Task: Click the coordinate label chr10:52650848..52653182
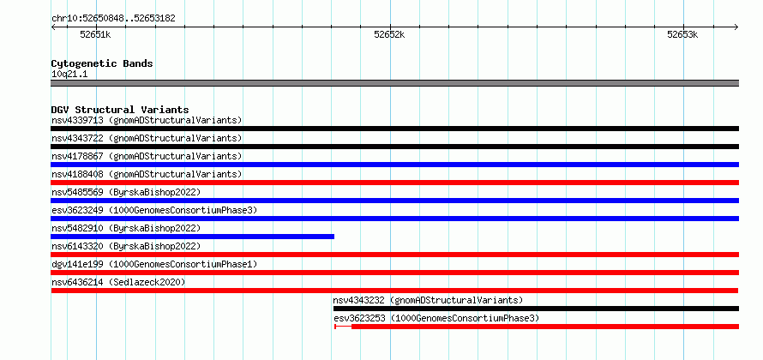pyautogui.click(x=113, y=19)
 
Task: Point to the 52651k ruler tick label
pyautogui.click(x=95, y=34)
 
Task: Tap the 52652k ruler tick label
pyautogui.click(x=389, y=34)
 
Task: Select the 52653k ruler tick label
pyautogui.click(x=682, y=34)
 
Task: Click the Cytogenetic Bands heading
pyautogui.click(x=102, y=63)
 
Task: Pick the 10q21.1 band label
pyautogui.click(x=69, y=75)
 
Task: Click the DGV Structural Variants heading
pyautogui.click(x=120, y=110)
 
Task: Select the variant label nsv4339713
pyautogui.click(x=77, y=120)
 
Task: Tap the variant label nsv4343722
pyautogui.click(x=77, y=138)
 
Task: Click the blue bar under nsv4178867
pyautogui.click(x=394, y=165)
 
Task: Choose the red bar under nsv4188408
pyautogui.click(x=394, y=183)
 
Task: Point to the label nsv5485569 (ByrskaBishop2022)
pyautogui.click(x=126, y=192)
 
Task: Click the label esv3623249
pyautogui.click(x=77, y=210)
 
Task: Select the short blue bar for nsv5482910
pyautogui.click(x=192, y=237)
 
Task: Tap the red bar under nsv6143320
pyautogui.click(x=394, y=255)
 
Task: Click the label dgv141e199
pyautogui.click(x=77, y=264)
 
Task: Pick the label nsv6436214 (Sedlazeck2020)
pyautogui.click(x=118, y=282)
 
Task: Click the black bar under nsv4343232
pyautogui.click(x=536, y=309)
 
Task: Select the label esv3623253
pyautogui.click(x=359, y=318)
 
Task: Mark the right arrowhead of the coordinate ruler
pyautogui.click(x=737, y=27)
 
